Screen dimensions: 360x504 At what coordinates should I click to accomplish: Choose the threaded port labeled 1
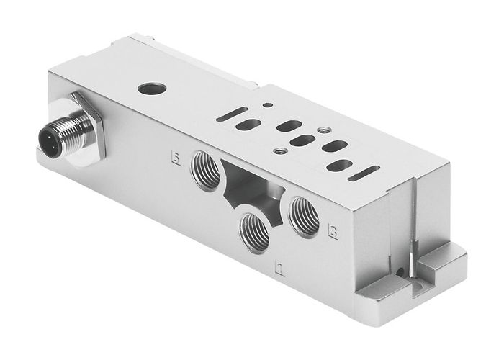pos(255,231)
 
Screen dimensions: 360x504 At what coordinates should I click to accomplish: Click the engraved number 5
pos(175,156)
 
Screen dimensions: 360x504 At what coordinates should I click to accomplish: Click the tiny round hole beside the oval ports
pos(268,106)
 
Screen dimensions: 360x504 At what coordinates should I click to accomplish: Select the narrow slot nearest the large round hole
pos(232,114)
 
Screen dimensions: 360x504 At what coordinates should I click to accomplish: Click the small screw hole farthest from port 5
pos(323,130)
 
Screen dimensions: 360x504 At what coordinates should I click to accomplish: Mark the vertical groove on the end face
pos(415,216)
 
